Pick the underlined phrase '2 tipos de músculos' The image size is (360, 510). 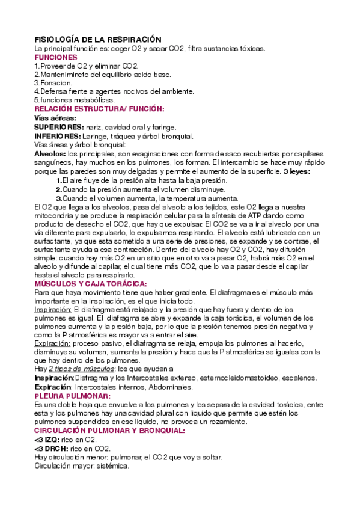(76, 369)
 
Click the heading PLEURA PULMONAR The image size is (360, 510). (72, 397)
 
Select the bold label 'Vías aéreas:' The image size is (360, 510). (55, 118)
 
